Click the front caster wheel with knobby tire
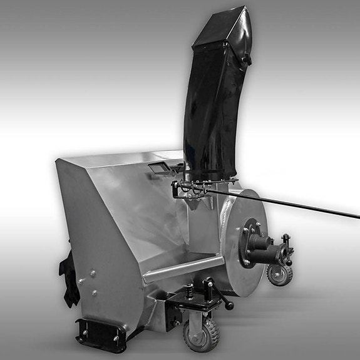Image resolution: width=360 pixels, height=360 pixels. (198, 334)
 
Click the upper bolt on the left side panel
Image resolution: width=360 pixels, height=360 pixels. (92, 273)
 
